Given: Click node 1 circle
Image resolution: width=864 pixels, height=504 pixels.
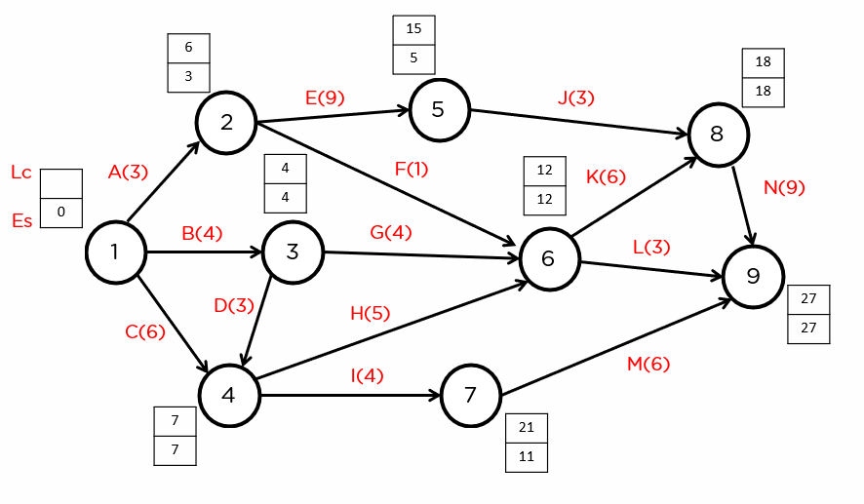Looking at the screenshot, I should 115,252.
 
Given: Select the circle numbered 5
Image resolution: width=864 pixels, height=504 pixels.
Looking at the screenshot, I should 438,109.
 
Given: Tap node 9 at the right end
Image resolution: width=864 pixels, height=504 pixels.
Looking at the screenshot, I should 752,277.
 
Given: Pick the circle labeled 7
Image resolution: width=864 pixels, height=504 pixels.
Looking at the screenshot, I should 470,396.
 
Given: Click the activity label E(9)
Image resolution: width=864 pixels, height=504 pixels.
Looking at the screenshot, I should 325,97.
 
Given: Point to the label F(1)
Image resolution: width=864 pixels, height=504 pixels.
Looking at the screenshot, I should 412,169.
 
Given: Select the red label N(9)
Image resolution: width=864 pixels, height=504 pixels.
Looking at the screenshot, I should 784,187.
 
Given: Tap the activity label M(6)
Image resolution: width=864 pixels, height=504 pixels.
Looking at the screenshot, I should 648,364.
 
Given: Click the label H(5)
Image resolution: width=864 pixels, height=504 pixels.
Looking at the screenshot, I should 370,313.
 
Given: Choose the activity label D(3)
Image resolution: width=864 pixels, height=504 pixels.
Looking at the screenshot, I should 233,305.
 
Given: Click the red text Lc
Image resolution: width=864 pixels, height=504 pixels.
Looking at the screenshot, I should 21,173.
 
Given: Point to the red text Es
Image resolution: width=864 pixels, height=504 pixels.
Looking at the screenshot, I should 21,220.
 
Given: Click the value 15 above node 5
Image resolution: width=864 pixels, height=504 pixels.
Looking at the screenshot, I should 413,29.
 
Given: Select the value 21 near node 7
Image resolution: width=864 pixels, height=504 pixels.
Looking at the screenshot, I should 527,428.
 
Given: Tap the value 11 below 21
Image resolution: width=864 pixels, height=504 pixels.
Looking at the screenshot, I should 527,456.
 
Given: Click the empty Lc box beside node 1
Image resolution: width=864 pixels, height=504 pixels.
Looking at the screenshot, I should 61,183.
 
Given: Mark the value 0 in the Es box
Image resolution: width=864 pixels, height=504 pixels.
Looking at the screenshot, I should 61,212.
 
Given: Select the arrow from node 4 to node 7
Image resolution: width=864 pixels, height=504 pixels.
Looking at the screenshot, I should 351,396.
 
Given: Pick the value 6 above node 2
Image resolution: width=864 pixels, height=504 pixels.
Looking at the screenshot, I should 188,48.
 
